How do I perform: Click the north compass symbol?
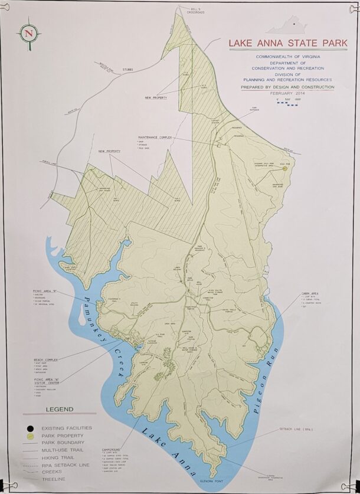click(28, 33)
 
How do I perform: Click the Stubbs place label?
click(126, 69)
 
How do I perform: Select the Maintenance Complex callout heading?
click(155, 136)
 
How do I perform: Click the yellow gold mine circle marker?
click(284, 168)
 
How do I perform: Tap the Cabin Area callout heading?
click(311, 292)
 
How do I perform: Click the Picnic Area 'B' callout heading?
click(44, 291)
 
